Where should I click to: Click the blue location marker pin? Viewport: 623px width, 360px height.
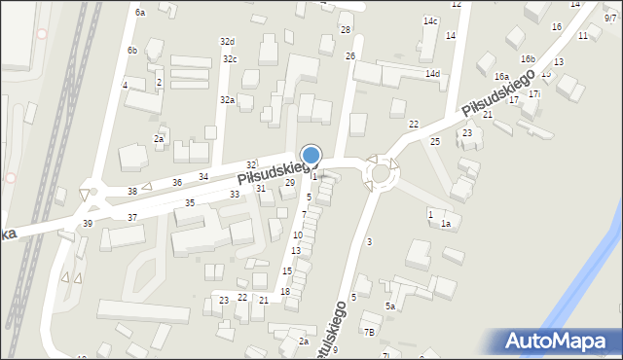coord(311,157)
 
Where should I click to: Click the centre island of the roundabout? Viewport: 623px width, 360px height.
coord(380,174)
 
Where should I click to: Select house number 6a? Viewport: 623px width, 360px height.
coord(140,13)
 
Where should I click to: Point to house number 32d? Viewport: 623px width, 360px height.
coord(227,42)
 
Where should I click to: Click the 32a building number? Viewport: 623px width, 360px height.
coord(227,100)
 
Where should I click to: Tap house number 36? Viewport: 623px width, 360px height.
coord(177,182)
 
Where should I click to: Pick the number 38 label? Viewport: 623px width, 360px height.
coord(132,192)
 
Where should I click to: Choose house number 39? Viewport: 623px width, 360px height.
coord(88,224)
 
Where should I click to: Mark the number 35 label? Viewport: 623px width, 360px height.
coord(190,202)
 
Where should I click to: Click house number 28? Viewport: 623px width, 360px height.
coord(346,31)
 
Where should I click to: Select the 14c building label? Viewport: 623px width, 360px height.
coord(430,21)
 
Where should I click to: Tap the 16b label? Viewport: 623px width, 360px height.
coord(528,59)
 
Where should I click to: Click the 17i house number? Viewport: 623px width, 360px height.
coord(534,94)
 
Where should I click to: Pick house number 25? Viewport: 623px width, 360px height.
coord(435,142)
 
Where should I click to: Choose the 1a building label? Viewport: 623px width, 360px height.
coord(446,225)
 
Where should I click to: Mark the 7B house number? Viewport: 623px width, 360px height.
coord(369,332)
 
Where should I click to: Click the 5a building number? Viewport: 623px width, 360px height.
coord(389,306)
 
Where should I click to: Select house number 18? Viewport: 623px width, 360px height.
coord(285,292)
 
